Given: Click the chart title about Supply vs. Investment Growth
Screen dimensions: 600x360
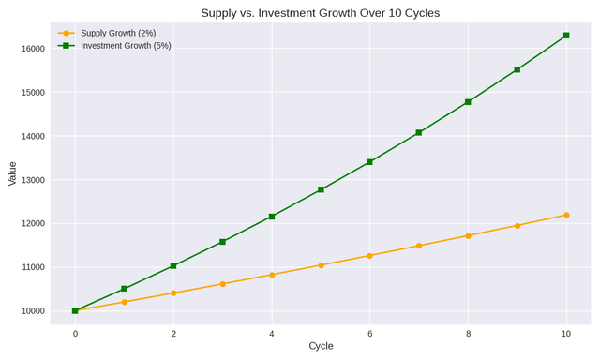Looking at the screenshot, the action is [x=321, y=13].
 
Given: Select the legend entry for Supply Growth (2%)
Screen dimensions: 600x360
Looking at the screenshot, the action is [x=107, y=34].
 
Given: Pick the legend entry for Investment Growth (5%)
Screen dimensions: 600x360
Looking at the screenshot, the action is [x=114, y=46].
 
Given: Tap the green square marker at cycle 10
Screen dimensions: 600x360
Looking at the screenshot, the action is [x=566, y=36].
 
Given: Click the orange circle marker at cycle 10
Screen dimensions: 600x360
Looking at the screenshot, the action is [x=566, y=215].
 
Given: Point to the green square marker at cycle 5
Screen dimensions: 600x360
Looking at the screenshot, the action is [x=321, y=189].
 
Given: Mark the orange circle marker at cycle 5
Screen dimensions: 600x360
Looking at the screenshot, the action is [x=321, y=265].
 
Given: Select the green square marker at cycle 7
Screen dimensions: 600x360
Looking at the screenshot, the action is [x=419, y=133].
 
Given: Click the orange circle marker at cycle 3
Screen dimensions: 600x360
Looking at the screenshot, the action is [x=223, y=284].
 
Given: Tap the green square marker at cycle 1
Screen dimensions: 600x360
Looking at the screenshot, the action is [x=124, y=289].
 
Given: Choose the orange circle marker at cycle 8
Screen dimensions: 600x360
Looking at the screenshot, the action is [x=468, y=235].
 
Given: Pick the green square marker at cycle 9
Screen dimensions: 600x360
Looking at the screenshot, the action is [x=517, y=69].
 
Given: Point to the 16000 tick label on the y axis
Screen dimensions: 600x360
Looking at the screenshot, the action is [x=34, y=49].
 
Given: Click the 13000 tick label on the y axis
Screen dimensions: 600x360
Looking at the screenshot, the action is [x=34, y=180].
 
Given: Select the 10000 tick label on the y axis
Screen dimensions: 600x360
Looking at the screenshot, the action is [x=34, y=311].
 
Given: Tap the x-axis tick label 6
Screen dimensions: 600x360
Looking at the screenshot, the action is [x=370, y=334].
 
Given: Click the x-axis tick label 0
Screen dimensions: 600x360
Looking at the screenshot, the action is [x=75, y=334].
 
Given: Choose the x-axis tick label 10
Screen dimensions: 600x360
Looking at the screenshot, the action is [x=566, y=334].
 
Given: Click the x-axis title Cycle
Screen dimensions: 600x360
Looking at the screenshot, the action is [x=321, y=346].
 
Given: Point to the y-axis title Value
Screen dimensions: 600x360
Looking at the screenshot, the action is [x=12, y=173].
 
